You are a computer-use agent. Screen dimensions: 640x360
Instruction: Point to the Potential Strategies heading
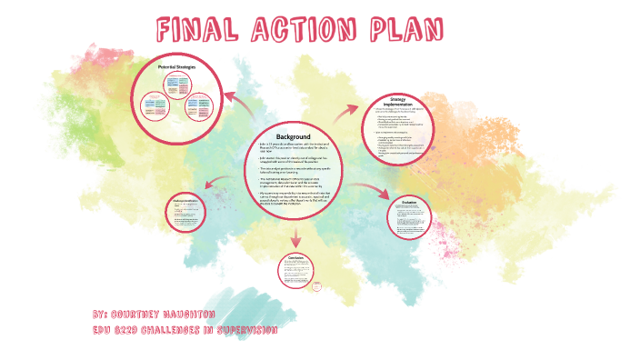click(178, 67)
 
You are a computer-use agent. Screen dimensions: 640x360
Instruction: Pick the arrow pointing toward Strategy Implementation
click(346, 112)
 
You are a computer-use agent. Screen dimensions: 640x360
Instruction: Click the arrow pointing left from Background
click(215, 185)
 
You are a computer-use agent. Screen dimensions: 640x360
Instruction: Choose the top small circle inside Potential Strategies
click(177, 84)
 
